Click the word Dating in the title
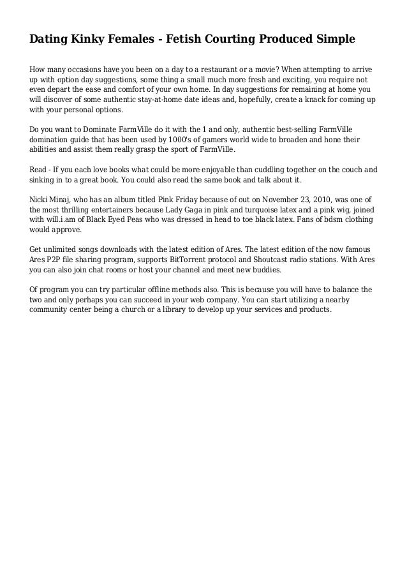click(x=48, y=40)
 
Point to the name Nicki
click(x=40, y=198)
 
